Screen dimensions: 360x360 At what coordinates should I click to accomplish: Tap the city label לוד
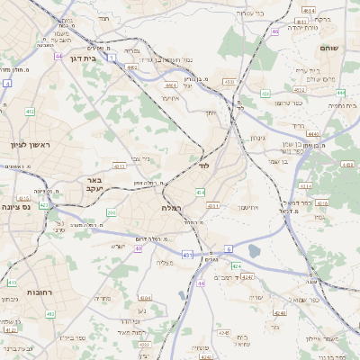point(202,166)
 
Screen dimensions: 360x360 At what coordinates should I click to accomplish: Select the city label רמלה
point(173,207)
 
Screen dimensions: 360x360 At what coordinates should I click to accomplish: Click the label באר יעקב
point(94,184)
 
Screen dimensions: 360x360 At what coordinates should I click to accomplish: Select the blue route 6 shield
point(229,248)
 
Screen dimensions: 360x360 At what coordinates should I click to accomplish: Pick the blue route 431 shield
point(187,256)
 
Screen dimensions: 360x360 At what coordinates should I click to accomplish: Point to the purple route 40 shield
point(139,248)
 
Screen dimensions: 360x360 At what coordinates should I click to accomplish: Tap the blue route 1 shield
point(112,57)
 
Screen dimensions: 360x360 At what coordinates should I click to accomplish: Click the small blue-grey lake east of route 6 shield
point(253,251)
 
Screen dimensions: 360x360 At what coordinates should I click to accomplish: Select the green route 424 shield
point(236,266)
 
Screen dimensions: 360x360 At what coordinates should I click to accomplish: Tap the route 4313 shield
point(214,206)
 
